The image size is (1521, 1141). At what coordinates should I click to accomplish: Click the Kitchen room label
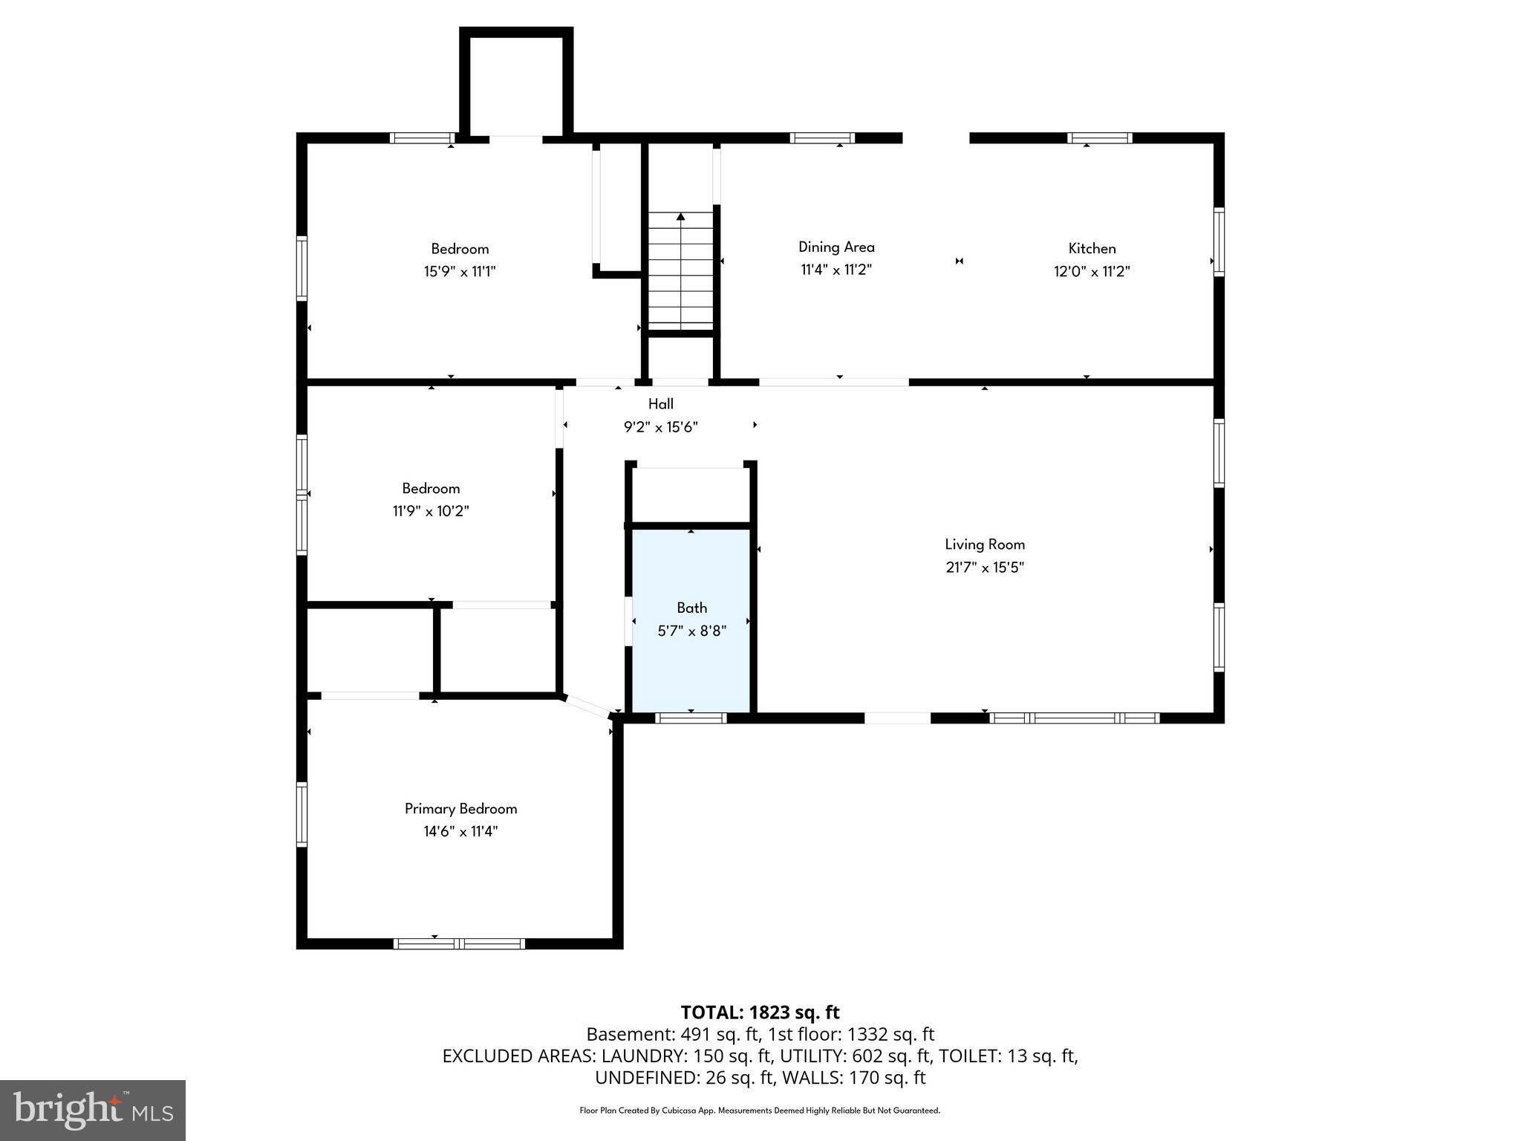(x=1092, y=249)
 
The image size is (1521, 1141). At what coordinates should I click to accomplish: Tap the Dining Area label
(x=836, y=247)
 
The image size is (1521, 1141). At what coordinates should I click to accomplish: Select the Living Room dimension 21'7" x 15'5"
(x=985, y=568)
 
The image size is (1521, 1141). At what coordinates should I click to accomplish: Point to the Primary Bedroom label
(x=460, y=809)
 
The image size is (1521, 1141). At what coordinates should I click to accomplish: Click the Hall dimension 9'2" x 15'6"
(x=660, y=427)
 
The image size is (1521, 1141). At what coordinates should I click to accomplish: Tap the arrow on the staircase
(x=680, y=217)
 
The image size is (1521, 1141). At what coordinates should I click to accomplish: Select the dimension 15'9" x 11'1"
(x=460, y=272)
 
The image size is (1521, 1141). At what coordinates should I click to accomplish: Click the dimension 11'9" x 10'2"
(x=431, y=511)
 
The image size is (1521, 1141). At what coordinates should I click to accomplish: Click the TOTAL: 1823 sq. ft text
(x=760, y=1012)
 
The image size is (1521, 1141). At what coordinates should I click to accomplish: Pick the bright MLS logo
(x=93, y=1110)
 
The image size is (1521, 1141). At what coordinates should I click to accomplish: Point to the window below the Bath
(x=691, y=718)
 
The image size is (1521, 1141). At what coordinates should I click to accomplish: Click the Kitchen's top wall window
(x=1099, y=138)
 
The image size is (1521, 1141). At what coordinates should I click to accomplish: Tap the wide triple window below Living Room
(x=1074, y=718)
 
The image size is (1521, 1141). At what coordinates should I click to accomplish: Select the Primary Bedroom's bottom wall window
(x=459, y=943)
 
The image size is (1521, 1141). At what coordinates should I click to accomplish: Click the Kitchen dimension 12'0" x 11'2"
(x=1092, y=272)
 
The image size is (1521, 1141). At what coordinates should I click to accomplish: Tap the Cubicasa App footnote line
(x=760, y=1111)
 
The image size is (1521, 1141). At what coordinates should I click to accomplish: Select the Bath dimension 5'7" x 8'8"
(x=691, y=631)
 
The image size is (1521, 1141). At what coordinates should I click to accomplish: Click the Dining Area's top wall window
(x=821, y=138)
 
